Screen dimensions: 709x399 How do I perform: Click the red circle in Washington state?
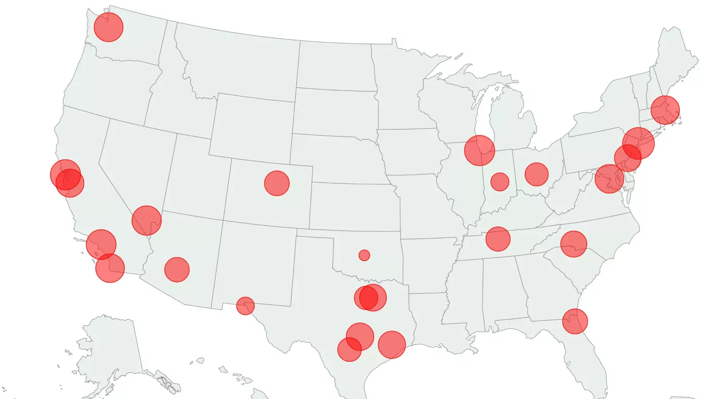point(109,27)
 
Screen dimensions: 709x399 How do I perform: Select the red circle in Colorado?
point(277,183)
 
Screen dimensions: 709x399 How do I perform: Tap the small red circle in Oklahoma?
point(364,255)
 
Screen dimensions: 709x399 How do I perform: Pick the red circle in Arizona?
point(177,270)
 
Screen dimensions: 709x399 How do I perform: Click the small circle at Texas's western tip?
point(245,306)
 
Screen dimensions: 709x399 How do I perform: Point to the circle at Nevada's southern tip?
point(147,220)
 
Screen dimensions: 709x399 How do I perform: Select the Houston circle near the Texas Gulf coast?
point(392,344)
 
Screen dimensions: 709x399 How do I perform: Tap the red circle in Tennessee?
point(498,239)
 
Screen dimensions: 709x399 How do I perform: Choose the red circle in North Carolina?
point(574,244)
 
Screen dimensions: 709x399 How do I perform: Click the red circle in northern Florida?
point(575,321)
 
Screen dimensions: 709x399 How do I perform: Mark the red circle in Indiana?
point(500,182)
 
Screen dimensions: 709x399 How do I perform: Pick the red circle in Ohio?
point(537,174)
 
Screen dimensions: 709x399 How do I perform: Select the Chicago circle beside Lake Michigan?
point(479,151)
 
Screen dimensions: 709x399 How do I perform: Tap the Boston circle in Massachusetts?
point(665,110)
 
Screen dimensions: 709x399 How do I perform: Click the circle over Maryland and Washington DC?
point(609,179)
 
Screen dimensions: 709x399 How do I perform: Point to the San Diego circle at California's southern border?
point(110,268)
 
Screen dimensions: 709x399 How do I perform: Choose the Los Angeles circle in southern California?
point(101,244)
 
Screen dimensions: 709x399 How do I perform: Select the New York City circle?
point(639,143)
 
